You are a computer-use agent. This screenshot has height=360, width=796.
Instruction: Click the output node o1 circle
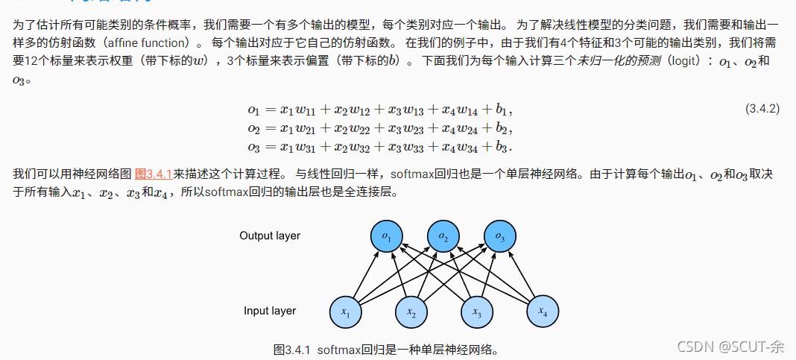[386, 236]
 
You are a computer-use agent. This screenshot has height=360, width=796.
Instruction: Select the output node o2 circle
[443, 236]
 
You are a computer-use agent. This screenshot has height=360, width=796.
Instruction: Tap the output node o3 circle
[500, 236]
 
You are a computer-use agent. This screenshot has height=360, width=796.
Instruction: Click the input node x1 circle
[346, 312]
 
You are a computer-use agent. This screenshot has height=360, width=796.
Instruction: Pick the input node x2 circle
[411, 312]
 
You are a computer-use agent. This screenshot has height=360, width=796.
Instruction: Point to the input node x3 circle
[477, 312]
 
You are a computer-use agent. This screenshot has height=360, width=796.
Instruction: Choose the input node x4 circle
[543, 310]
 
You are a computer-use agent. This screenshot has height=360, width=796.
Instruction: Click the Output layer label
[270, 236]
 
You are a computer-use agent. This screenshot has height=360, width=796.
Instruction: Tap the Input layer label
[270, 310]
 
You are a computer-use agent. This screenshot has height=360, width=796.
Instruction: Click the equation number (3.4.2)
[762, 109]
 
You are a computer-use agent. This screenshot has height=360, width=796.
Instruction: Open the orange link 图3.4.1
[154, 174]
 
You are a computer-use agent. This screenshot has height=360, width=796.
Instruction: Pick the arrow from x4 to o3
[522, 274]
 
